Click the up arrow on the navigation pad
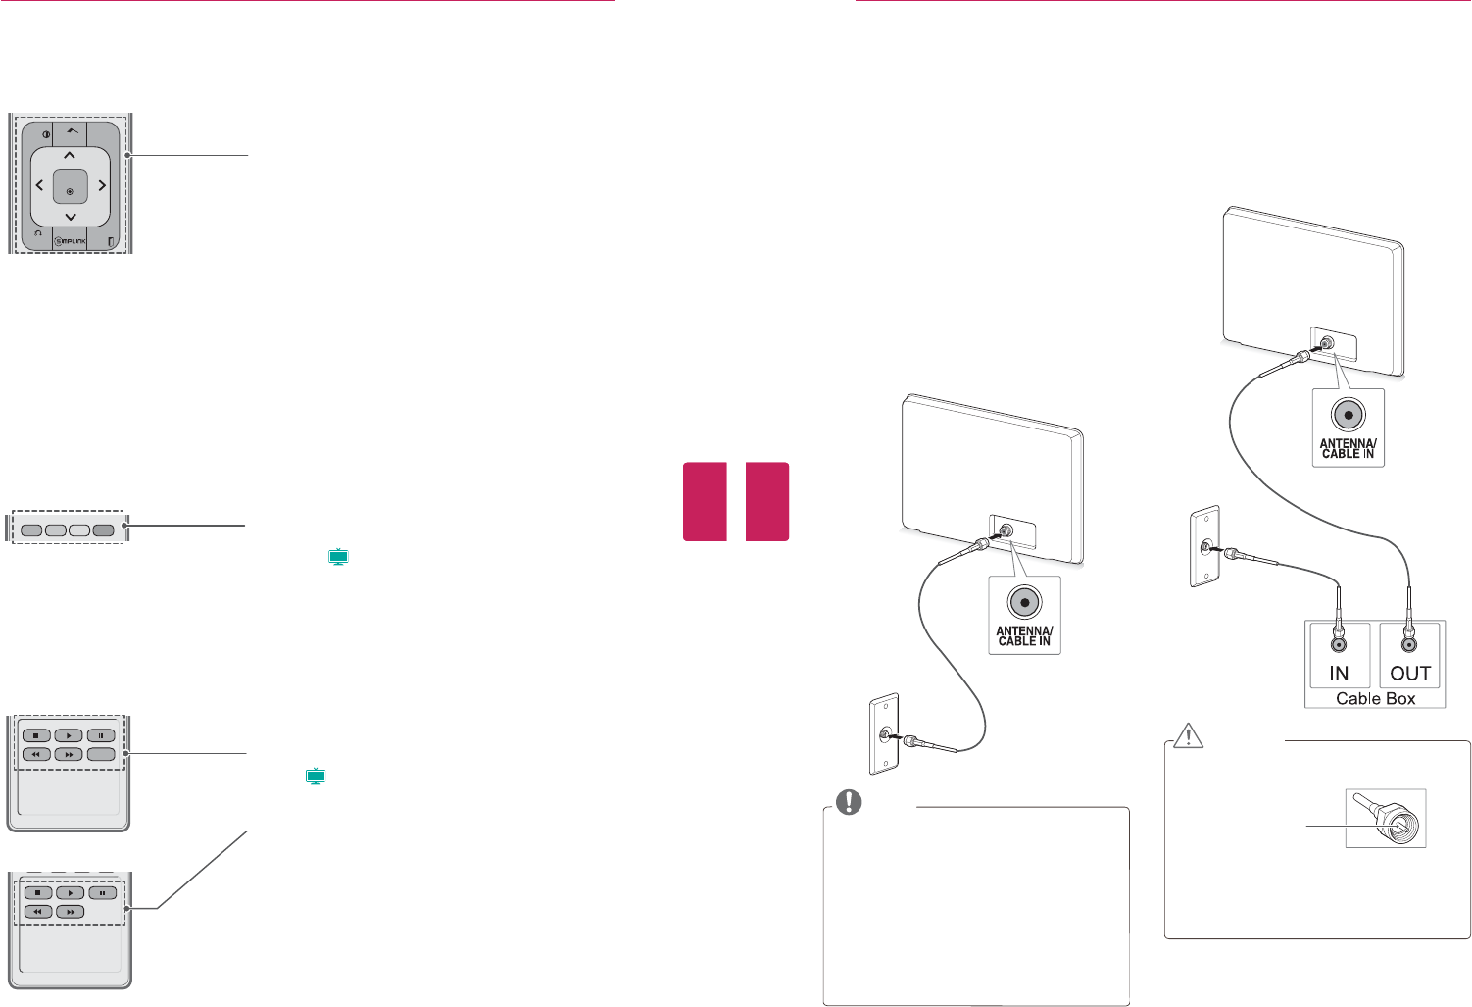(70, 155)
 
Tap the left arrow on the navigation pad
(39, 185)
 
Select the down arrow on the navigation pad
(70, 216)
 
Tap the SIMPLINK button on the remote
(71, 240)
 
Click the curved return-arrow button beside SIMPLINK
(36, 234)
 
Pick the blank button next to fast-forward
(101, 755)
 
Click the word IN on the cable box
(1339, 674)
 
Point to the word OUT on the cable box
(1409, 674)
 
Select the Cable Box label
(1375, 698)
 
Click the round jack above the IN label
(1338, 644)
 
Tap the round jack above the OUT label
(1408, 644)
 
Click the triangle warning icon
(1189, 735)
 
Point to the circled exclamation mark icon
(848, 802)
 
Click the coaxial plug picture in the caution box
(1385, 819)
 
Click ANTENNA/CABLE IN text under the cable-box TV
(1349, 449)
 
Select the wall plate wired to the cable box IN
(1203, 547)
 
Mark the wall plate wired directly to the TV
(883, 734)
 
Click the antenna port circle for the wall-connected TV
(1024, 602)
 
